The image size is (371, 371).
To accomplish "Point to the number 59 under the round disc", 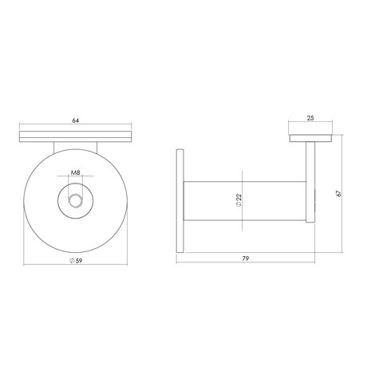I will click(78, 262).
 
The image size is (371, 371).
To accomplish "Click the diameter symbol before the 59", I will click(70, 262).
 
